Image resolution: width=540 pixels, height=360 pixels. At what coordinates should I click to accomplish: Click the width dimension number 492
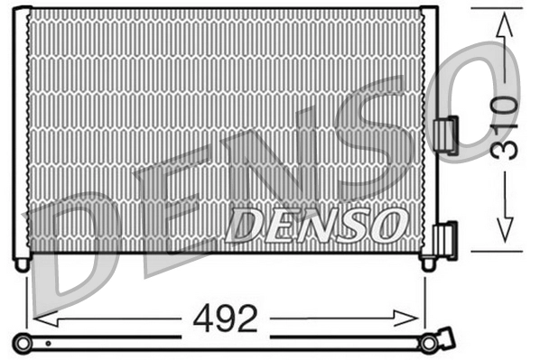point(225,318)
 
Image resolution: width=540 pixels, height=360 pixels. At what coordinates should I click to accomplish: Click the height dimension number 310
point(506,126)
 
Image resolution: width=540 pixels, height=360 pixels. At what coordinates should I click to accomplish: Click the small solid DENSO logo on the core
point(317,225)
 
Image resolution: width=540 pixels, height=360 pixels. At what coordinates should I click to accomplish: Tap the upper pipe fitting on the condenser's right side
point(445,134)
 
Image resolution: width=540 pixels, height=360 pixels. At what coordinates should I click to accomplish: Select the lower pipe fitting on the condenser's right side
point(445,240)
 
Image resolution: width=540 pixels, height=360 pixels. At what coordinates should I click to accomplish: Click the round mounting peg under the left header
point(22,264)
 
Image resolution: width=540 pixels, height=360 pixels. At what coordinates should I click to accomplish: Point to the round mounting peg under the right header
point(429,263)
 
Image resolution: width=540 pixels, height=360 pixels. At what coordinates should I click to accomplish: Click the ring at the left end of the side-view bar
point(23,342)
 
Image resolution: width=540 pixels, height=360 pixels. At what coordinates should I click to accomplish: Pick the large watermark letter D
point(72,253)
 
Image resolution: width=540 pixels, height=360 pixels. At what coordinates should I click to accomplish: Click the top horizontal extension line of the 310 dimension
point(497,9)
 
